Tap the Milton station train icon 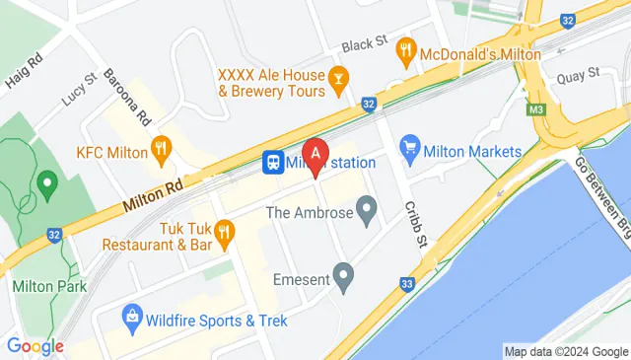click(271, 163)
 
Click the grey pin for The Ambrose click(367, 209)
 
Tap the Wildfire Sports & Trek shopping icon click(131, 318)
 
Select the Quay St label click(579, 73)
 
